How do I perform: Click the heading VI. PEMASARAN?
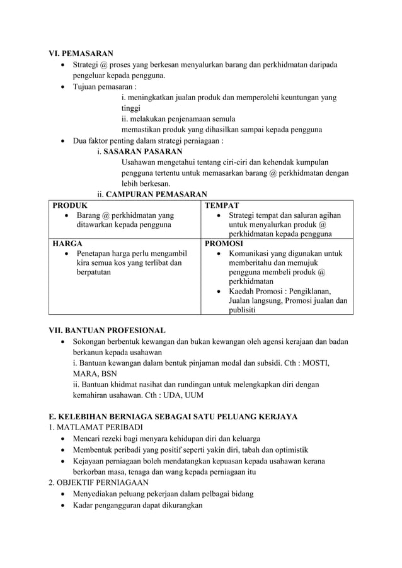pyautogui.click(x=81, y=54)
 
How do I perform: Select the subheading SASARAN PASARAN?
pyautogui.click(x=143, y=152)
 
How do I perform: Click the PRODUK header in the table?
pyautogui.click(x=70, y=205)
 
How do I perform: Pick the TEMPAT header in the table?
pyautogui.click(x=222, y=205)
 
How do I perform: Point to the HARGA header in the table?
pyautogui.click(x=67, y=242)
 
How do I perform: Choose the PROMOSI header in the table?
pyautogui.click(x=225, y=242)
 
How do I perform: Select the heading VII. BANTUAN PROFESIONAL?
pyautogui.click(x=108, y=330)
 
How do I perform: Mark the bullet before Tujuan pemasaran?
pyautogui.click(x=62, y=87)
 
